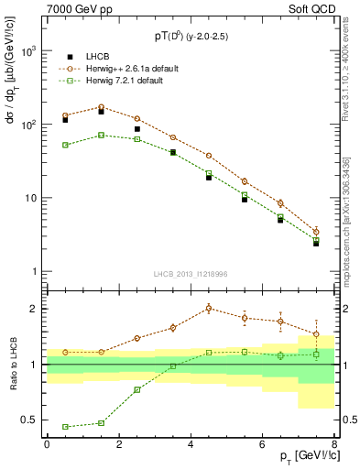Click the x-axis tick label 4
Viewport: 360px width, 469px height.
[191, 444]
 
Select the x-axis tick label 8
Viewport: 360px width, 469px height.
[334, 444]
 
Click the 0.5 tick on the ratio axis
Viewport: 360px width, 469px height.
[31, 420]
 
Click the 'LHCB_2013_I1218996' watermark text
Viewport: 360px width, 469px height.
[191, 274]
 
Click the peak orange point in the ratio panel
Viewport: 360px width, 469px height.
[209, 308]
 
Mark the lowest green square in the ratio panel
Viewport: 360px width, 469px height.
[65, 427]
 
